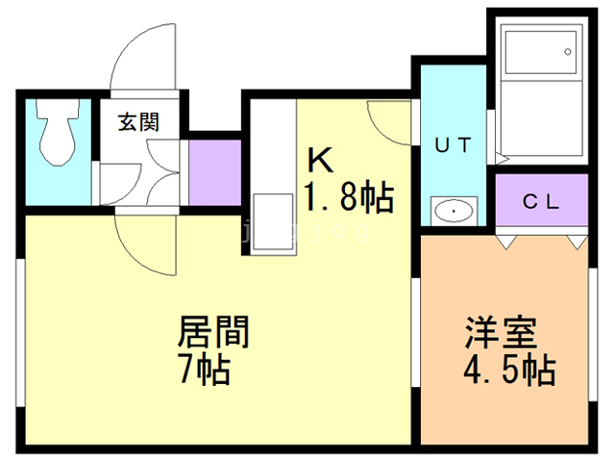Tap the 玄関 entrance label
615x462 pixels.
click(138, 122)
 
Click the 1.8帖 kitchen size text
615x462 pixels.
click(348, 197)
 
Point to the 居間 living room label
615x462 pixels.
click(213, 334)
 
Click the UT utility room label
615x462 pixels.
click(453, 146)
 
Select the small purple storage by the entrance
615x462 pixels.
click(214, 173)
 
